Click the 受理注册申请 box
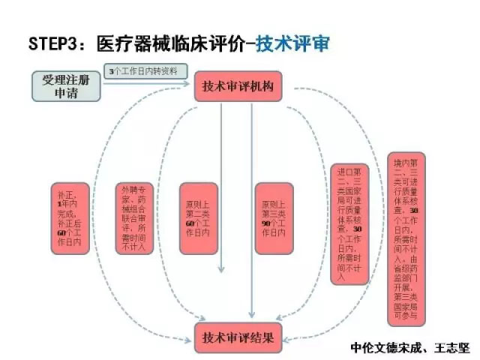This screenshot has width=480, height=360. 66,85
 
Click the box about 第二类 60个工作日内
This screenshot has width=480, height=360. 199,218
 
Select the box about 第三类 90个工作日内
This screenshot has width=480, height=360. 273,218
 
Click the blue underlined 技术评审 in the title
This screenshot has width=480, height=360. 292,43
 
